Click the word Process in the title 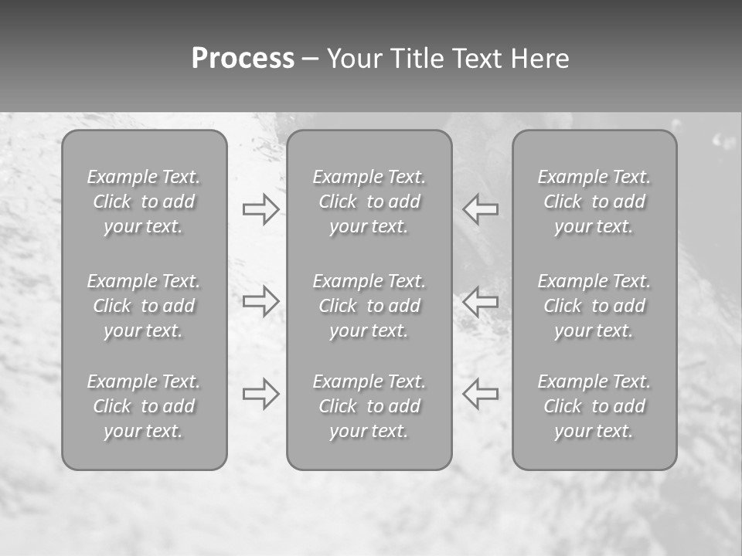click(243, 59)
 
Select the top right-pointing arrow click(261, 209)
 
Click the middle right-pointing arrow click(261, 300)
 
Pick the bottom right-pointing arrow click(261, 393)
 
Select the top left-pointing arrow click(480, 209)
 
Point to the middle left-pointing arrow click(480, 300)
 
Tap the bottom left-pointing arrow click(480, 393)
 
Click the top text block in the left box click(144, 202)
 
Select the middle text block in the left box click(144, 306)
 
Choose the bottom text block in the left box click(144, 406)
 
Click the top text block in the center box click(369, 202)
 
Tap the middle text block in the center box click(369, 306)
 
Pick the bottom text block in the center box click(369, 406)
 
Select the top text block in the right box click(594, 202)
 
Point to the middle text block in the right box click(594, 306)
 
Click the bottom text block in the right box click(594, 406)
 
